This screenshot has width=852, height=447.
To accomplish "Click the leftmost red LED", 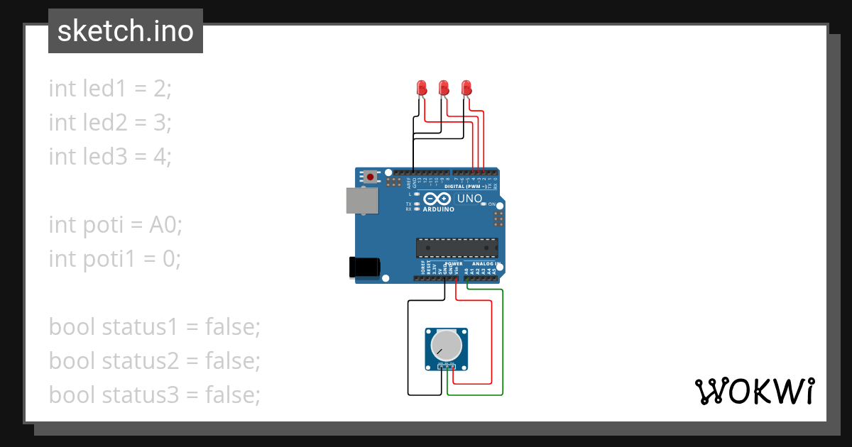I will coord(421,88).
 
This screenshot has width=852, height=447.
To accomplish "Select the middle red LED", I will coord(444,88).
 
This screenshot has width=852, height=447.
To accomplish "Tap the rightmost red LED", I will coord(466,88).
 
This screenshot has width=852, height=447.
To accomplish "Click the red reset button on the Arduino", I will coord(370,176).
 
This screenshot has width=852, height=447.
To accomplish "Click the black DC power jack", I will coord(364,267).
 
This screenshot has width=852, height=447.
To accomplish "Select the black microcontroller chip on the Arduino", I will coord(456,248).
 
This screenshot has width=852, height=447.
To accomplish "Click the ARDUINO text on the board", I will coord(439,210).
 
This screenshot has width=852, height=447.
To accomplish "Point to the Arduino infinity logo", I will coord(439,199).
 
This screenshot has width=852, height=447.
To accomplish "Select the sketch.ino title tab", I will coord(126,31).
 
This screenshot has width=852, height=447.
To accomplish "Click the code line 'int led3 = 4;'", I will coord(110,156).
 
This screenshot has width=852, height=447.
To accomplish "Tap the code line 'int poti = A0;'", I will coord(116,225).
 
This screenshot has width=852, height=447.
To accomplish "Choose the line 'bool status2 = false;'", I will coord(155,361).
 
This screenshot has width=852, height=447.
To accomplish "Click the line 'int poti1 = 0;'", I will coord(115,259).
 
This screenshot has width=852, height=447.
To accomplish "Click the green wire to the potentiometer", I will coord(503,341).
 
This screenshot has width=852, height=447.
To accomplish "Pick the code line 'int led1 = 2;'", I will coord(110,89).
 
